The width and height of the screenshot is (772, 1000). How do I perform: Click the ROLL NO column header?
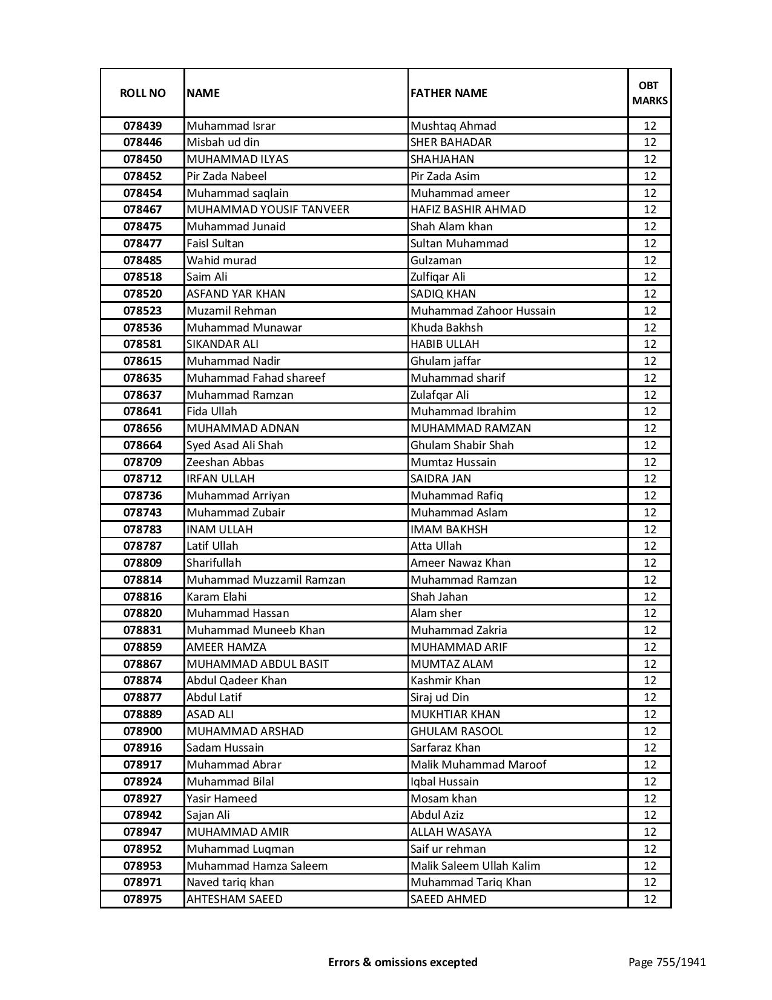point(142,93)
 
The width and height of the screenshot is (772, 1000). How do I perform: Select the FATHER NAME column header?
point(449,93)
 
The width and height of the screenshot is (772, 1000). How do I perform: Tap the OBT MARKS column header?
point(650,93)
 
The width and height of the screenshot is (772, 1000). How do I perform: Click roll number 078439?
point(142,126)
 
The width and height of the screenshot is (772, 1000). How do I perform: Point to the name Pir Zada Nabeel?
point(226,176)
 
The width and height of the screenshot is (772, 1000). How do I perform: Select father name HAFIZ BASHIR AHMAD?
point(468,210)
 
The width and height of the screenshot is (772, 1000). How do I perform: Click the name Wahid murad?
point(222,260)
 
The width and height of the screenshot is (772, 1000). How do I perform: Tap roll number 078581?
point(142,344)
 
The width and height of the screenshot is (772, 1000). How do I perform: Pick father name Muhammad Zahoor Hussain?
point(483,311)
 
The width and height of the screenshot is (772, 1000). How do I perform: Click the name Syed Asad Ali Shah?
point(235,445)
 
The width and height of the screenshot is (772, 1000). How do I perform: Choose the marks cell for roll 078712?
point(650,479)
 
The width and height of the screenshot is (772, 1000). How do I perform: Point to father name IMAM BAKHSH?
point(449,529)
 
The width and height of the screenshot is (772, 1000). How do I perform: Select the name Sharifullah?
point(214,563)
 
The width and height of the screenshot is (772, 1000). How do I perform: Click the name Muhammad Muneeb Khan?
point(256,630)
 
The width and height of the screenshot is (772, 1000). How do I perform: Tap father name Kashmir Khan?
point(445,681)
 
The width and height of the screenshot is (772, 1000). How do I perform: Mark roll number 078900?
point(142,731)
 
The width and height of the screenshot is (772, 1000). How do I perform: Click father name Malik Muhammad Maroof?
point(478,765)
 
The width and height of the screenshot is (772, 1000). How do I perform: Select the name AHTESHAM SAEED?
point(234,899)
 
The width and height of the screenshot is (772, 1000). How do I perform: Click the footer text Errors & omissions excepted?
point(403,962)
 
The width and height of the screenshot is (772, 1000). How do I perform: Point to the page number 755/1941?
point(667,962)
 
